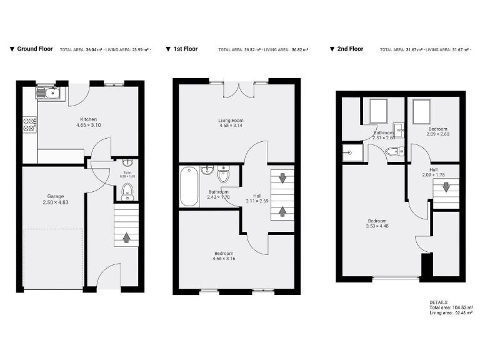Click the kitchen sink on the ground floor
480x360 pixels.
click(48, 94)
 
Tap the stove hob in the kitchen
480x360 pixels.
click(29, 124)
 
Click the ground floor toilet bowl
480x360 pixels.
click(127, 191)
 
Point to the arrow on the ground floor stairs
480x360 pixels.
click(127, 237)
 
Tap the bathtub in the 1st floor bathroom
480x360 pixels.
click(189, 186)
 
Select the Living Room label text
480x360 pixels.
click(231, 121)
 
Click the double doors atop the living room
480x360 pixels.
click(239, 89)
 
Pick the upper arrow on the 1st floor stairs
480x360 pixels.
click(282, 178)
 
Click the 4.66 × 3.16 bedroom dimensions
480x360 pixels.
click(231, 258)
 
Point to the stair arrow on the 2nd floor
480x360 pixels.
click(446, 187)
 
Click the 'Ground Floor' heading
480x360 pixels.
click(34, 49)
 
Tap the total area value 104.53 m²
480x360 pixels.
click(459, 308)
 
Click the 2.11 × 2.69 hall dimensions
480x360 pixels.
click(256, 201)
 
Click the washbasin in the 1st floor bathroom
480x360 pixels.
click(207, 169)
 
